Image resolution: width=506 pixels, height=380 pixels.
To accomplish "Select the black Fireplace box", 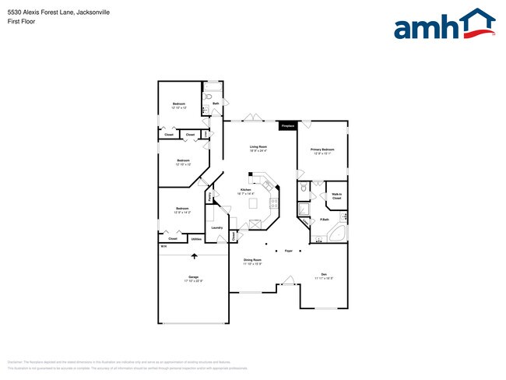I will (x=287, y=125).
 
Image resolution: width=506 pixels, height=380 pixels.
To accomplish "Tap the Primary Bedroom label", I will (x=322, y=151).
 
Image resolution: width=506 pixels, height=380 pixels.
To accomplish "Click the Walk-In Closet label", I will (x=337, y=196).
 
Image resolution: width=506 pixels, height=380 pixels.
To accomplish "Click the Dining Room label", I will (x=252, y=262).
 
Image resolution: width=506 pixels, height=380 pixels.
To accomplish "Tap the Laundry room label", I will (x=216, y=228).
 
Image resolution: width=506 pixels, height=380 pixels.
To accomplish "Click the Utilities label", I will (x=197, y=239).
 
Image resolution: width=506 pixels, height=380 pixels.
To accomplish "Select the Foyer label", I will (x=288, y=251).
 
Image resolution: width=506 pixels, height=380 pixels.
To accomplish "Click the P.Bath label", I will (x=324, y=220).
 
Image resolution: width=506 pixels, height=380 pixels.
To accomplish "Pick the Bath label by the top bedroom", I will (x=215, y=103).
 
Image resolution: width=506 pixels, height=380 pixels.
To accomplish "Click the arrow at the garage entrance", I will (x=194, y=256).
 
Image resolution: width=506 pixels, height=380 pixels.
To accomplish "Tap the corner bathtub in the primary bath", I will (x=336, y=235).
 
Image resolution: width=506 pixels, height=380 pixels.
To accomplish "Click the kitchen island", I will (x=252, y=203).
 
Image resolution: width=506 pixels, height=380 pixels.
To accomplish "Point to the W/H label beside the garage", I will (x=163, y=247).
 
